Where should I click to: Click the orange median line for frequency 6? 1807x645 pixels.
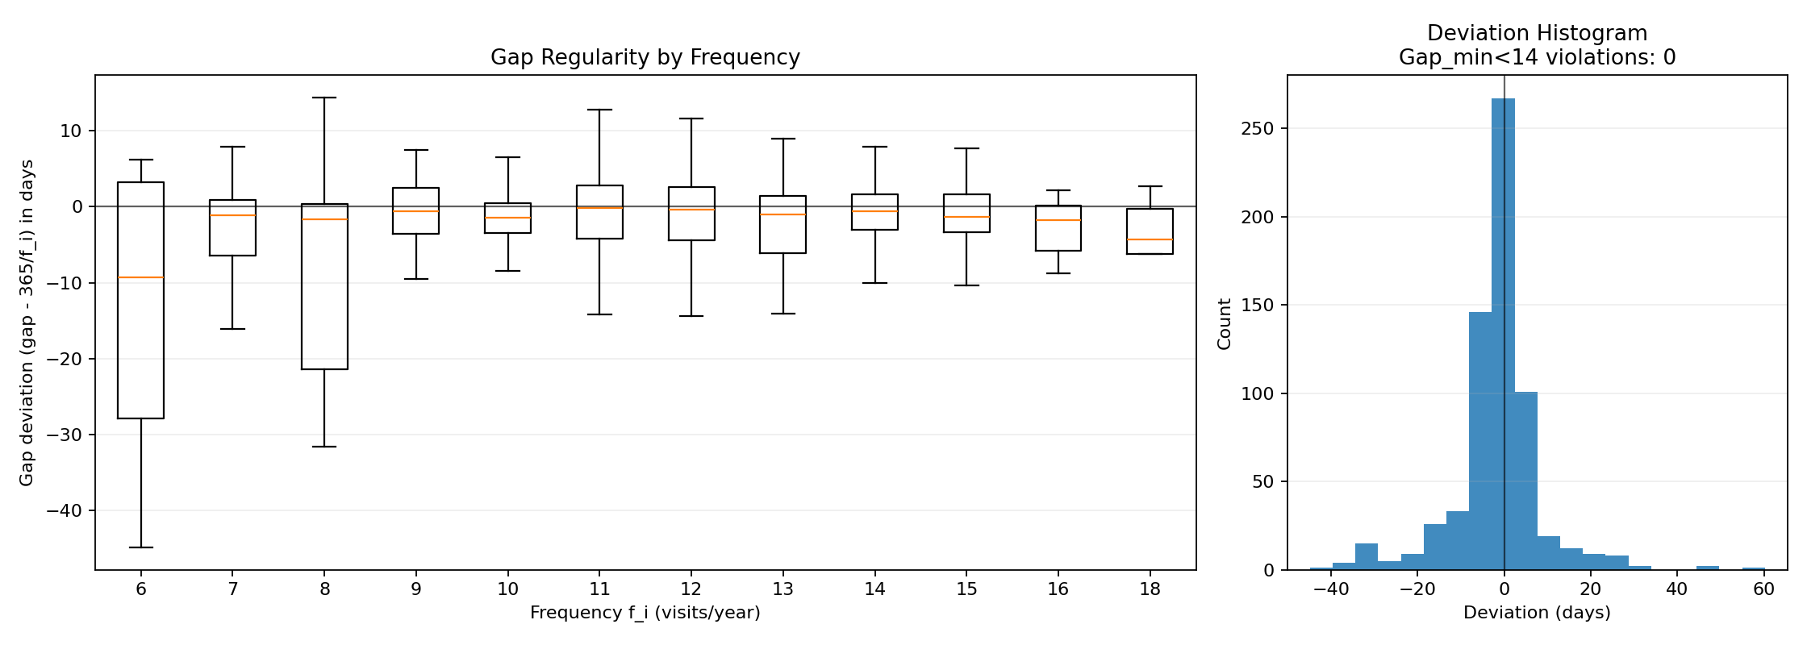pos(141,277)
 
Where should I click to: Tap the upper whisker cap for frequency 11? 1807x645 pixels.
pos(599,110)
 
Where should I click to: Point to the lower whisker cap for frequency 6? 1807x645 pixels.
pos(141,547)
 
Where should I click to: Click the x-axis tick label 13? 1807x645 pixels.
pos(782,589)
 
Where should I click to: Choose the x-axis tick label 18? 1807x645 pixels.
pos(1150,589)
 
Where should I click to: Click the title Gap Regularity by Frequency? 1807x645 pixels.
pos(645,58)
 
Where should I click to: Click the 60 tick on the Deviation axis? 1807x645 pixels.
pos(1763,589)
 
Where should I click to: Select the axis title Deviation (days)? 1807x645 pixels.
pos(1537,613)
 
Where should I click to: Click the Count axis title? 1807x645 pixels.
pos(1225,323)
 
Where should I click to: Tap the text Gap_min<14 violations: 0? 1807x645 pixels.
pos(1537,58)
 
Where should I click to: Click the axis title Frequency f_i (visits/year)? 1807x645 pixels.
pos(645,613)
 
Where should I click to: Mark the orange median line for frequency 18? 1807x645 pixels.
pos(1150,239)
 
